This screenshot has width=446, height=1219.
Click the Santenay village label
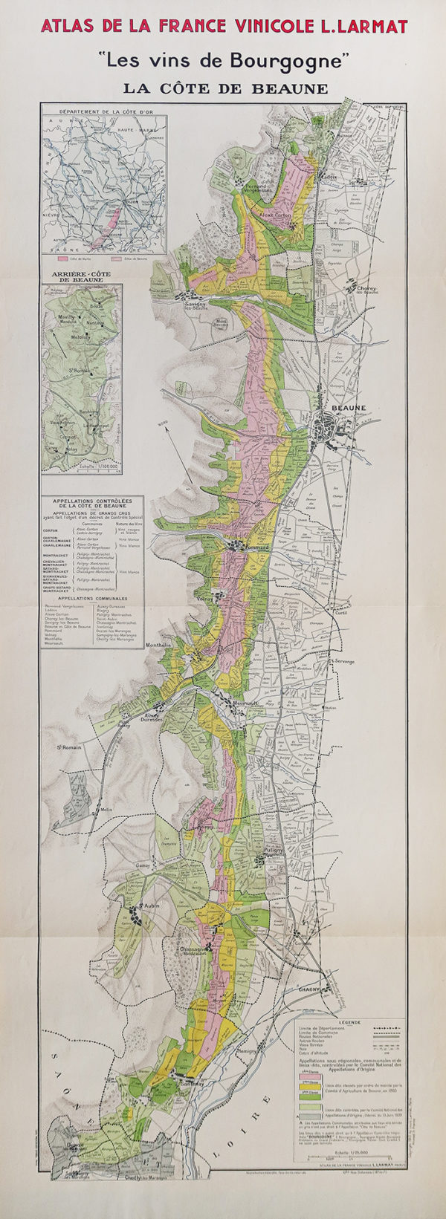tap(190, 1082)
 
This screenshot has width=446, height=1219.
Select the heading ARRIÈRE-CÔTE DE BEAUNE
tap(81, 276)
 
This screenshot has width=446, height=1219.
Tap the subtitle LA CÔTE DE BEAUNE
tap(225, 88)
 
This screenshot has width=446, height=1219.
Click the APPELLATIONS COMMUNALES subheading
tap(91, 598)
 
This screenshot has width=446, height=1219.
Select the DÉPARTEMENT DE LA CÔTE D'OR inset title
tap(103, 111)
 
